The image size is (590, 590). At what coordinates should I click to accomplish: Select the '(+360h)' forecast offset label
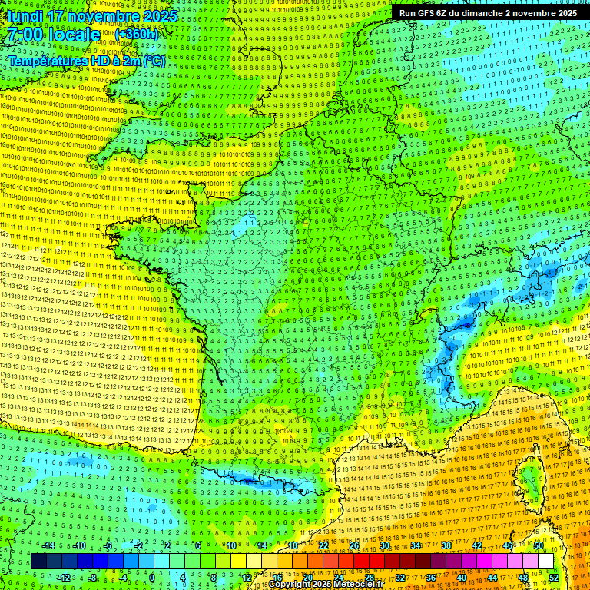(137, 35)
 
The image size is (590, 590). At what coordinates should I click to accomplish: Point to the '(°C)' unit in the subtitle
(153, 60)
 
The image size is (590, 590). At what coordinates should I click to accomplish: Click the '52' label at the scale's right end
(554, 577)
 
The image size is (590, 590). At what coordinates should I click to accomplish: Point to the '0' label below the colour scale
(152, 577)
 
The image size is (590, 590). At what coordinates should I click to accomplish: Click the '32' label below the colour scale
(400, 577)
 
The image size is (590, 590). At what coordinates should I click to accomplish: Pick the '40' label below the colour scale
(462, 577)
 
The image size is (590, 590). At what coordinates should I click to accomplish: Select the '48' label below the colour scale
(523, 577)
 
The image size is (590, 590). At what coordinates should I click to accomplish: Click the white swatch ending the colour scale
(545, 562)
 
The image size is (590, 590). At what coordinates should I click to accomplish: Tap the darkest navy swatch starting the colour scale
(38, 562)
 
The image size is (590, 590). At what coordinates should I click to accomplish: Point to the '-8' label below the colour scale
(92, 577)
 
